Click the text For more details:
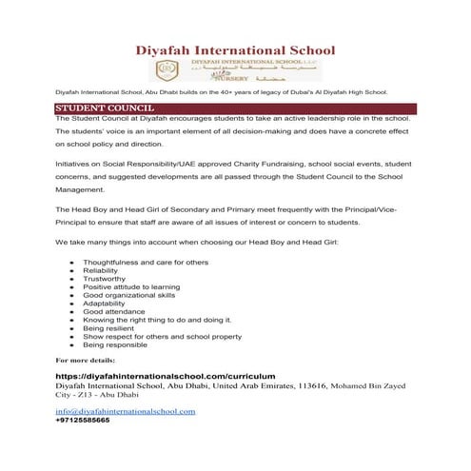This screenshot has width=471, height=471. (x=85, y=361)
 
